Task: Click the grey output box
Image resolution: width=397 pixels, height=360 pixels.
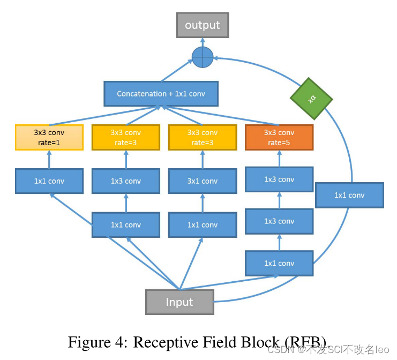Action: [x=203, y=25]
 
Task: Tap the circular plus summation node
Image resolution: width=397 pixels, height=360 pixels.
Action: [x=203, y=57]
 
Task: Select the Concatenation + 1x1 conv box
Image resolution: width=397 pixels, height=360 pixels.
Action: [x=161, y=94]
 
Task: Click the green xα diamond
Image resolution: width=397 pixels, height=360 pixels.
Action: [x=311, y=99]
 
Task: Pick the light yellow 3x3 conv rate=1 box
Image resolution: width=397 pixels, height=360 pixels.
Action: [x=49, y=137]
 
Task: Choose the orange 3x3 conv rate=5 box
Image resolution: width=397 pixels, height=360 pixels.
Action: [x=279, y=137]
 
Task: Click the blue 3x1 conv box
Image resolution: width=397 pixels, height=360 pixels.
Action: [x=203, y=181]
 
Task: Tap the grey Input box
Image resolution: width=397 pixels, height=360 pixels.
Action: [x=179, y=302]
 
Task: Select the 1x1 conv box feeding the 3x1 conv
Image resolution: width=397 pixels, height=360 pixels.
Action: [x=203, y=225]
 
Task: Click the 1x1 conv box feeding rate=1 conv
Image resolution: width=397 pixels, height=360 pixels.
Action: [x=49, y=181]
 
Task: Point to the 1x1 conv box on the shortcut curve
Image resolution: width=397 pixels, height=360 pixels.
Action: [x=349, y=195]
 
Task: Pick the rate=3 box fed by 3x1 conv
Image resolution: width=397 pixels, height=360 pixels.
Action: [x=203, y=137]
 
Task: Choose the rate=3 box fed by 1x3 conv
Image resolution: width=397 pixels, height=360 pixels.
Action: [x=126, y=137]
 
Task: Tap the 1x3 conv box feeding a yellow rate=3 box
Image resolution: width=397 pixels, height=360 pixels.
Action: [x=126, y=181]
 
